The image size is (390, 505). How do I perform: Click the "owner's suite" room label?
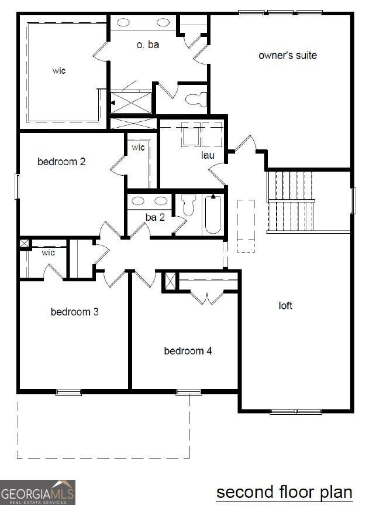288,55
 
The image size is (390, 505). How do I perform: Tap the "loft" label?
285,305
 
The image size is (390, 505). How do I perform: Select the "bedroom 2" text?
61,161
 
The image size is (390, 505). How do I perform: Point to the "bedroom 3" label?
74,312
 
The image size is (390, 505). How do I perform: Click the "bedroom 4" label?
188,351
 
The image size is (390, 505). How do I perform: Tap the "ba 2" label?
155,217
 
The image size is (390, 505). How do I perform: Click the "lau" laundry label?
207,155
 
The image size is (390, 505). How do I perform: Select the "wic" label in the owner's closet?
58,70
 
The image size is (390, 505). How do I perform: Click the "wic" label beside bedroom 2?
138,147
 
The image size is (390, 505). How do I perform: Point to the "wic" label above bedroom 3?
48,252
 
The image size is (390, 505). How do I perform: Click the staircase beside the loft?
291,200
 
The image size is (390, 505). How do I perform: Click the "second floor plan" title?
284,492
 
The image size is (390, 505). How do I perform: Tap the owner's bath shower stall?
132,102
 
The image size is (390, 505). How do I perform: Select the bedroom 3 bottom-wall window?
68,392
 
